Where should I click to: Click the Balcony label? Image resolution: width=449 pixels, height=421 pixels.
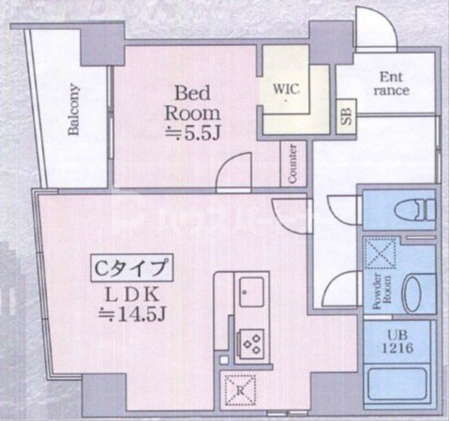pos(73,110)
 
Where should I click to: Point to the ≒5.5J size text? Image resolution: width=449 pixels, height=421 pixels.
pos(198,132)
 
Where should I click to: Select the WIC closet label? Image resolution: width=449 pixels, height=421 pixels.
pos(286,89)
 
